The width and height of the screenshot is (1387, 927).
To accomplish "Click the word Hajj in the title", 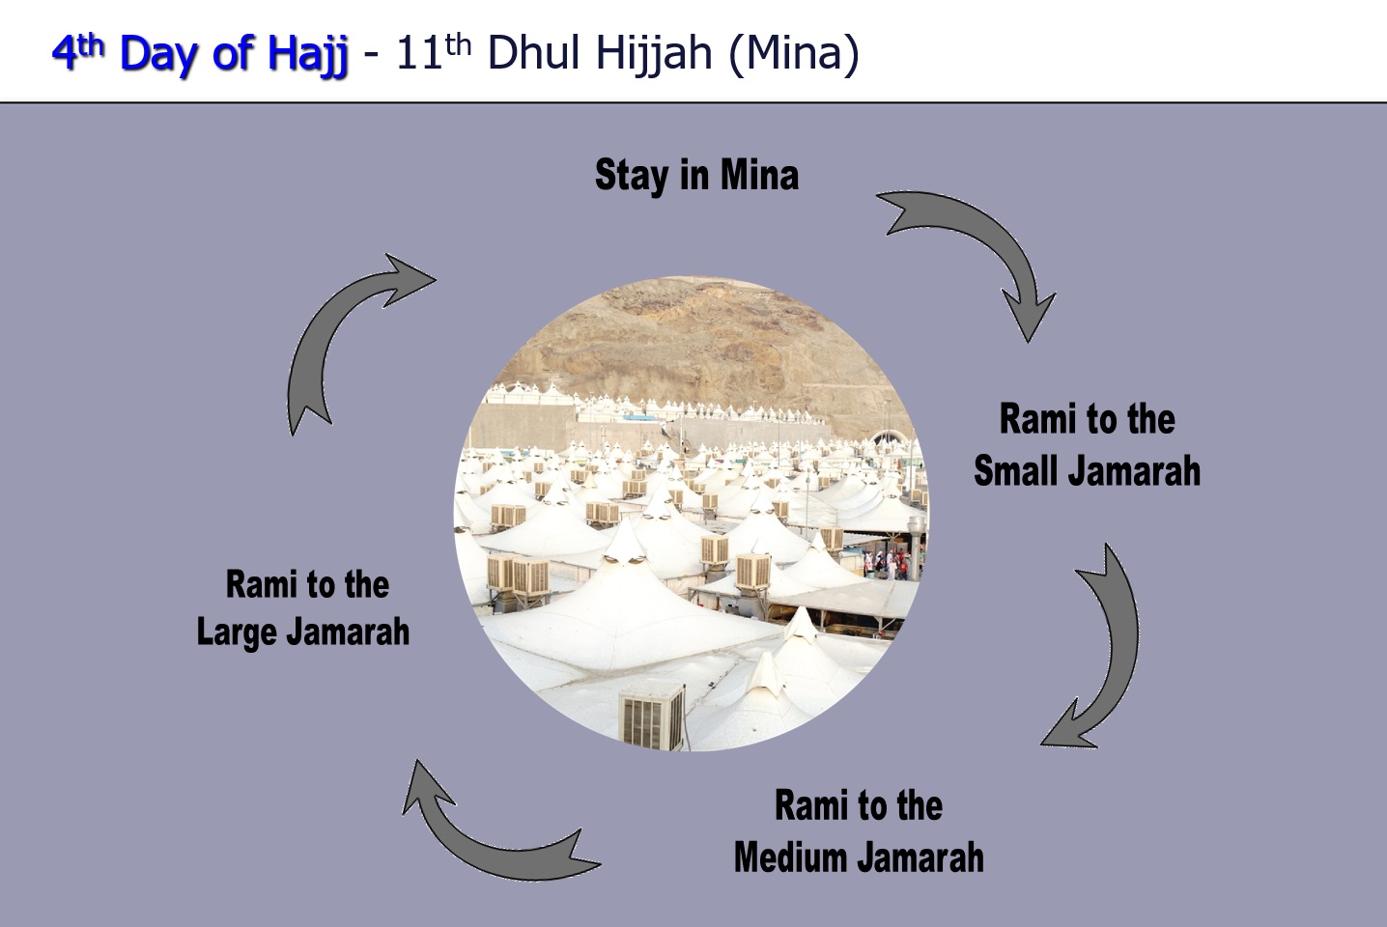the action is pos(307,54).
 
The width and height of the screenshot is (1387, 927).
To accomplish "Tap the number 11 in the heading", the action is pos(418,53).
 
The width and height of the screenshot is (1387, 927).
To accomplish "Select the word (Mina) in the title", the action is pos(794,54).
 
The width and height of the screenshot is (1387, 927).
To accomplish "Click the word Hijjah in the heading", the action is pos(655,54).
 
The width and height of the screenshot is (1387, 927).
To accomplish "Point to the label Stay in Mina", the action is pos(696,175).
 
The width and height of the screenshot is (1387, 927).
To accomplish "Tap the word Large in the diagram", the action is pos(236,632).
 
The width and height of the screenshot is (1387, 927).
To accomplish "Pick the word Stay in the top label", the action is pos(632,177).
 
